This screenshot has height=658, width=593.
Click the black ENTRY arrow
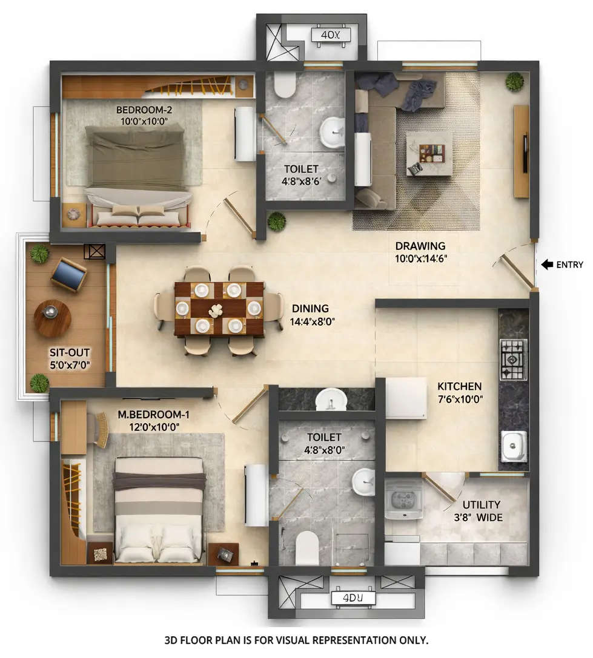click(x=546, y=265)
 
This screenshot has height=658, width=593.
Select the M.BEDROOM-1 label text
click(x=150, y=415)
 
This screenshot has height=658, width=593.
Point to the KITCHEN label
click(x=460, y=386)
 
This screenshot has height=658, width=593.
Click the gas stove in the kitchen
click(x=513, y=360)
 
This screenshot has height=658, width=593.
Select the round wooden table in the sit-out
click(x=52, y=318)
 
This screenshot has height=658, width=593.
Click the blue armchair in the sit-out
click(x=68, y=275)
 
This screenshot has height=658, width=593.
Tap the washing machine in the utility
click(x=403, y=498)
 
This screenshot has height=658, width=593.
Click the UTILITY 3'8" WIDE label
click(x=482, y=510)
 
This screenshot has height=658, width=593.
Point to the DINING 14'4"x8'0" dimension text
click(x=313, y=321)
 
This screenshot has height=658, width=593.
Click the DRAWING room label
click(x=420, y=246)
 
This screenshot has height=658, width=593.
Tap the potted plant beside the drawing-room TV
click(x=514, y=81)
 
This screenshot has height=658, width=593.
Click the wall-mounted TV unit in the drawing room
click(x=521, y=151)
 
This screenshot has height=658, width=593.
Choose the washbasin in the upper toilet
click(x=332, y=132)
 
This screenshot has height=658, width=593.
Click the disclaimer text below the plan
click(x=296, y=639)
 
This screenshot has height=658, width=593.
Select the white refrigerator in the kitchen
click(x=406, y=398)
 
